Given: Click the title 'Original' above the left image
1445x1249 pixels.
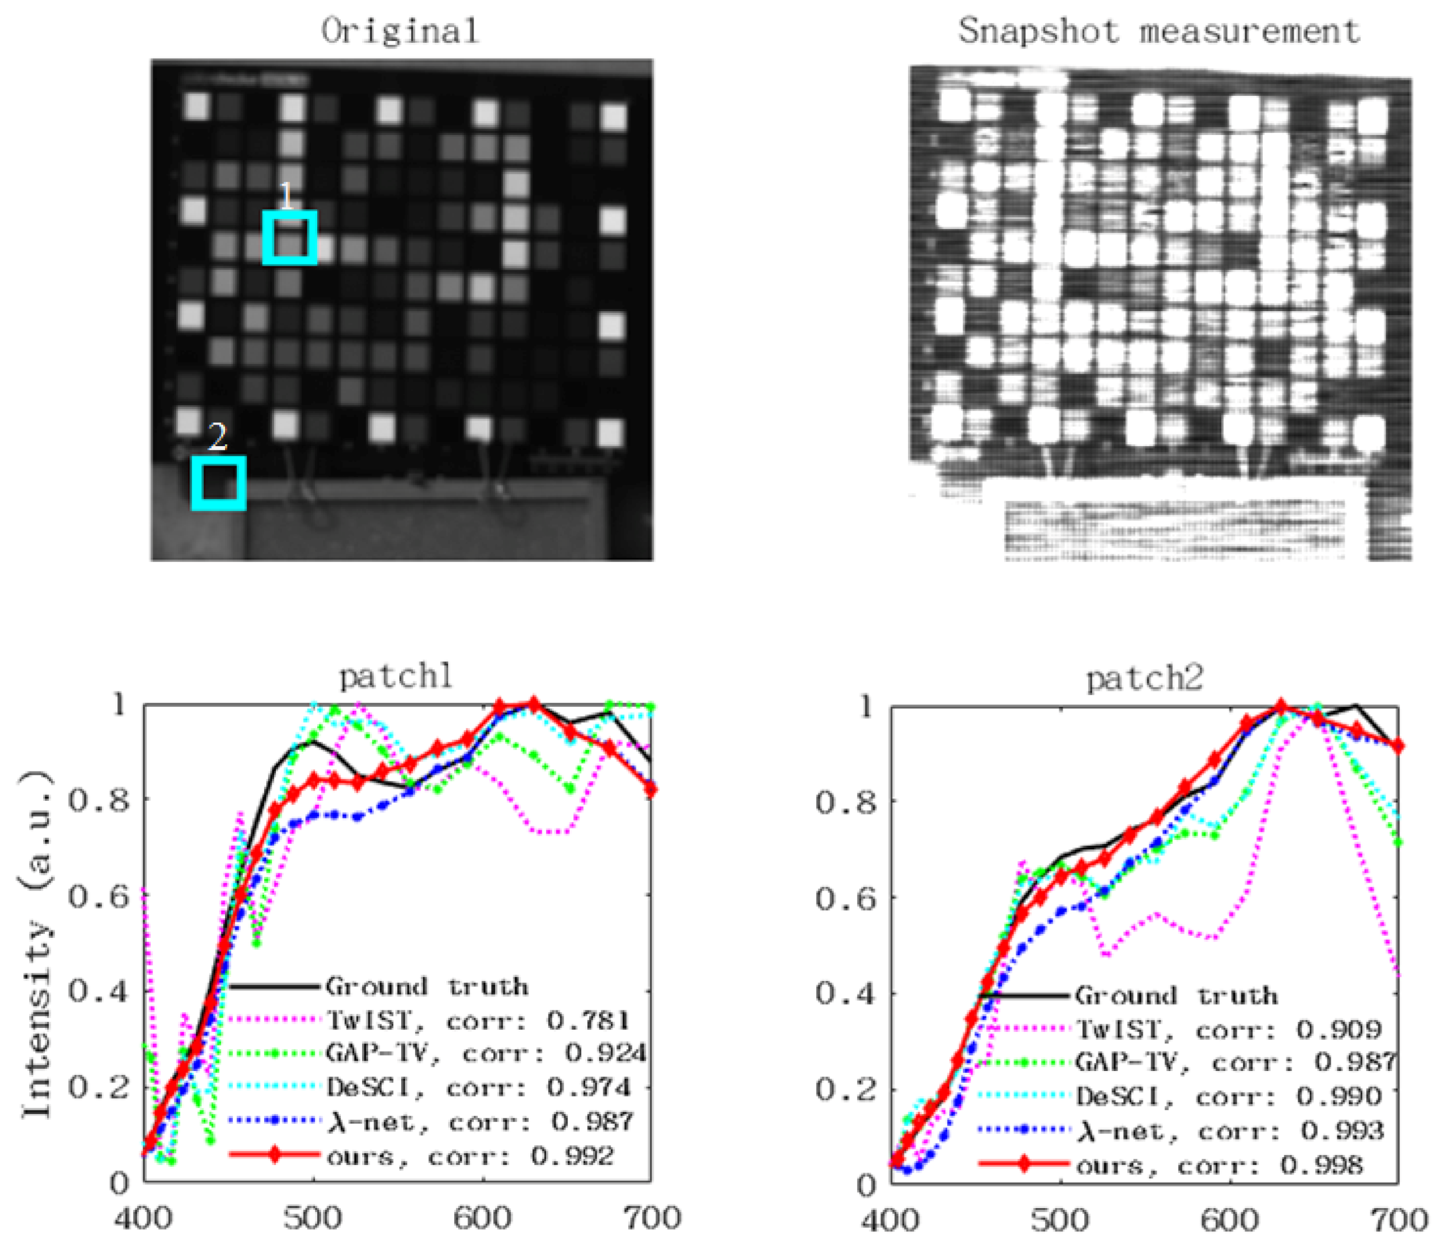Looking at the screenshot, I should pos(400,31).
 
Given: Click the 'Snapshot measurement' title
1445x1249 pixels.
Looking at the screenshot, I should pos(1159,31).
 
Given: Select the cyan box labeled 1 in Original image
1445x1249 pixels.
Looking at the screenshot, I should pos(289,238).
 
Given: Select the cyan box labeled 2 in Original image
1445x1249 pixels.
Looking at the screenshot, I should pos(219,483).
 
